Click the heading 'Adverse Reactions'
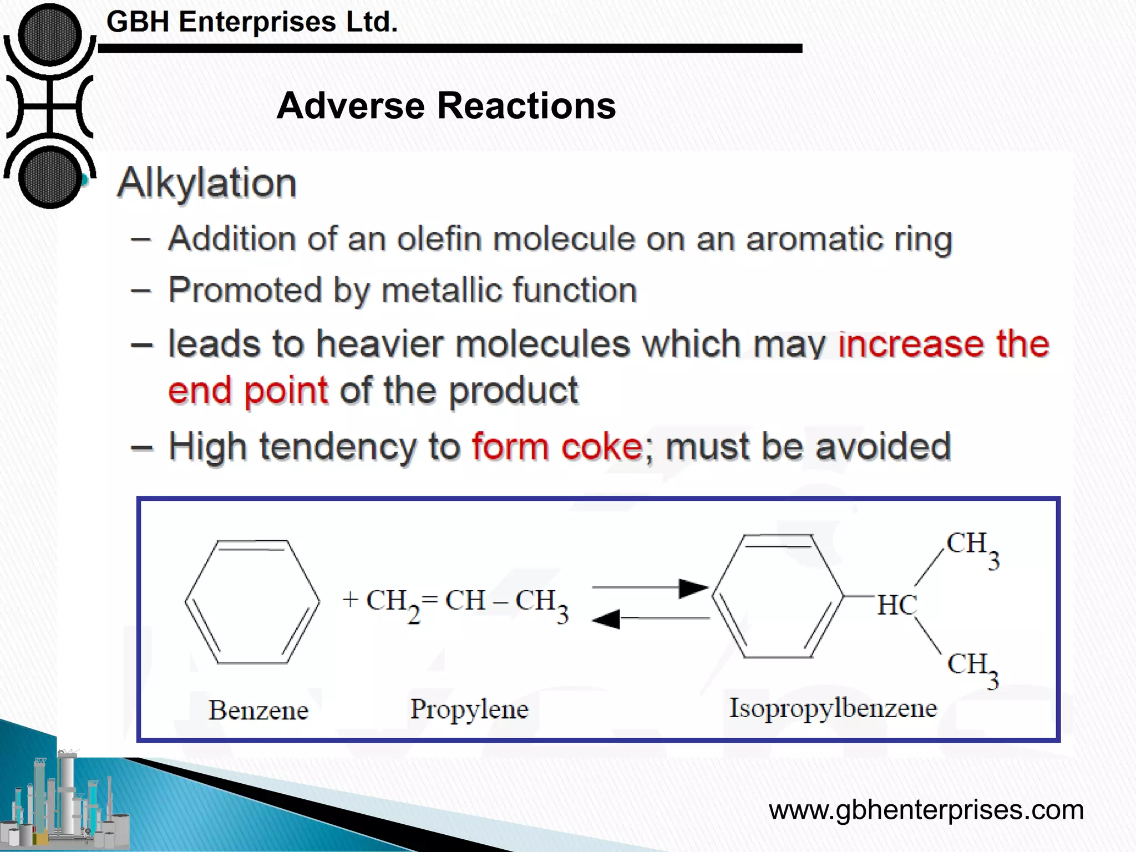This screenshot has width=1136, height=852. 446,105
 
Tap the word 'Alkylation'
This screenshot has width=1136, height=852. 207,182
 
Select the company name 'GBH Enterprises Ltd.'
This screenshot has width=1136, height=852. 252,22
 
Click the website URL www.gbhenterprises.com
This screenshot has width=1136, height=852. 926,810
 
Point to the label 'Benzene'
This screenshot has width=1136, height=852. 258,711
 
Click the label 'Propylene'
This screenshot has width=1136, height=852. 469,709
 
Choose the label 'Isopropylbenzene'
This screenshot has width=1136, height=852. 833,708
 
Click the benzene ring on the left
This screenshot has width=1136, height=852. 252,601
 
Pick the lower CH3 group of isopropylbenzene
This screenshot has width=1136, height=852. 972,668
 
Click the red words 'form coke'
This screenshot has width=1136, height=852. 556,447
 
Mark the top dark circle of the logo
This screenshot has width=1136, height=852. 50,34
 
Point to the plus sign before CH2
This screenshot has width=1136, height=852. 351,600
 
